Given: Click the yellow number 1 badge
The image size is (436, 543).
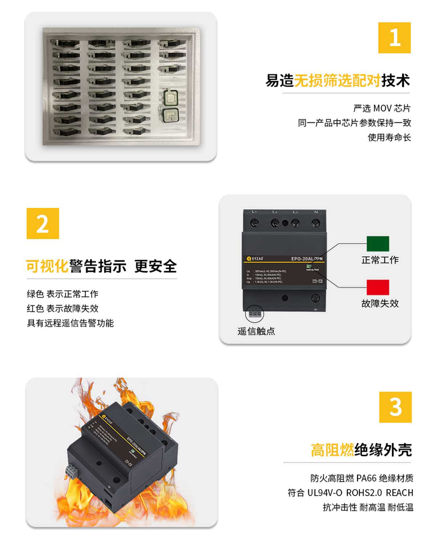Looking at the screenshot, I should point(394,38).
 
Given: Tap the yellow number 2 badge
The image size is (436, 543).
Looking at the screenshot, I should point(43,223).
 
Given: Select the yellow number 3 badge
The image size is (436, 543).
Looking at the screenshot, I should point(395,407).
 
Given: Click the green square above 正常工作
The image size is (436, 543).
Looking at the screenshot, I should point(378,244).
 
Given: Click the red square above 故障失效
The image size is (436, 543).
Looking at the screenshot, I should point(378,287).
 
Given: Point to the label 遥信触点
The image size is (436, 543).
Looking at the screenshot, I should point(256,331).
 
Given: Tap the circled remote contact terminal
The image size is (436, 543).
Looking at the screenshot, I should point(255,314).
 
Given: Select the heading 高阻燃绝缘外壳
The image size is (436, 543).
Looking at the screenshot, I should point(361,450).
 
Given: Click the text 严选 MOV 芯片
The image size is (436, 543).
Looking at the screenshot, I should point(382,108).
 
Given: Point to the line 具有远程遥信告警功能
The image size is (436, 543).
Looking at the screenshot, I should point(70,323).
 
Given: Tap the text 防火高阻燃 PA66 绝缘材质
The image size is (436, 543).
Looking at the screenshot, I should point(362,478).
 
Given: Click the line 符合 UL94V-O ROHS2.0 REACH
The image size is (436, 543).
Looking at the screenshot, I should point(350,493).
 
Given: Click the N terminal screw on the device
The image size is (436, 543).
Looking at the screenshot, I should point(316,223).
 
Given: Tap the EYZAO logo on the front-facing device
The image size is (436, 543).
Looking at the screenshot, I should point(255,259).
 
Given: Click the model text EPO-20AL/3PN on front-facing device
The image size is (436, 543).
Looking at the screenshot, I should point(307,259).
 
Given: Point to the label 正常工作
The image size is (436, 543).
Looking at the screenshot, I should point(380,260).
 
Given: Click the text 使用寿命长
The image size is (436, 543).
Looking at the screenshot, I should point(389,137).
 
